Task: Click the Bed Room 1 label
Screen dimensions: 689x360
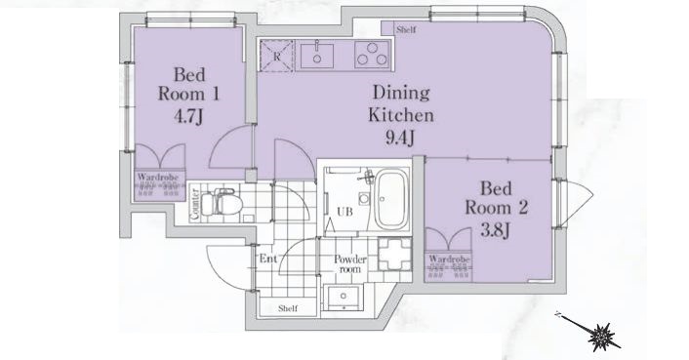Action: (188, 84)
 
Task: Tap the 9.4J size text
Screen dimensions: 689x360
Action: (400, 139)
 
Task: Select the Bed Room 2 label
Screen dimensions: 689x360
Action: (496, 198)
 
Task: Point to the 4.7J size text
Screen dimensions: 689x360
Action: (188, 116)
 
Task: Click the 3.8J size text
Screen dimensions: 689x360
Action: (495, 230)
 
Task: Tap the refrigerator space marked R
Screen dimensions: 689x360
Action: (276, 56)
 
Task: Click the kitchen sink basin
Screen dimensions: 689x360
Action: (316, 56)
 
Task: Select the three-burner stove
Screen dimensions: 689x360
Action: (372, 55)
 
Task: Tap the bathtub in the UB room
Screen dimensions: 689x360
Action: (391, 200)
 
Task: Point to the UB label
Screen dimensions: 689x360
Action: (344, 212)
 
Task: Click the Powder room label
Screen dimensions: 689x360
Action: (349, 263)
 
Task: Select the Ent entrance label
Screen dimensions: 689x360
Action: (268, 259)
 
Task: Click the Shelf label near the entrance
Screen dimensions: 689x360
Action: (288, 308)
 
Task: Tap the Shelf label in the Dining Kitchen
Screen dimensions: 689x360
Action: (406, 30)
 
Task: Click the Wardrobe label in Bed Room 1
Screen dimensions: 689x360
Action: (158, 178)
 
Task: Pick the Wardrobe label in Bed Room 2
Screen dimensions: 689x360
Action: (450, 260)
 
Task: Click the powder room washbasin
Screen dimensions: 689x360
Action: (343, 297)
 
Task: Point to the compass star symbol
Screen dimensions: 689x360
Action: (601, 337)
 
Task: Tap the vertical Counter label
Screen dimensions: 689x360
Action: (195, 204)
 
